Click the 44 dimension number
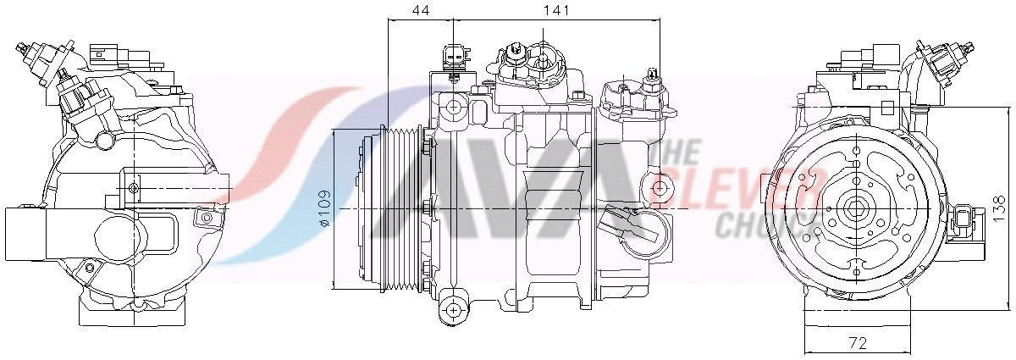coord(421,10)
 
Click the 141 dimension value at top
coord(555,10)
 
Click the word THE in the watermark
coord(679,152)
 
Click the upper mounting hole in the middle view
coord(456,108)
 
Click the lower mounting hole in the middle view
coord(456,309)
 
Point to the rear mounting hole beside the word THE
coord(664,186)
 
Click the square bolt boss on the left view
coord(133,186)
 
